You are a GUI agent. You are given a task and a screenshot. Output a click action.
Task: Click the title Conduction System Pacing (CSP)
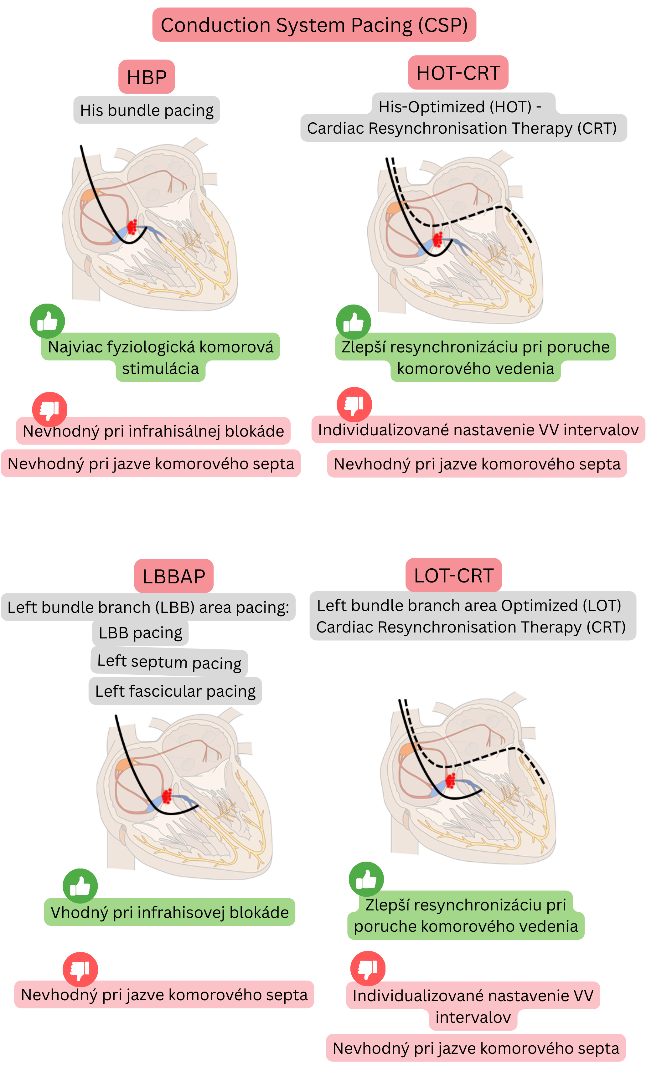coord(314,25)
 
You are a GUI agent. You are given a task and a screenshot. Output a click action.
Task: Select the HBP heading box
coord(147,77)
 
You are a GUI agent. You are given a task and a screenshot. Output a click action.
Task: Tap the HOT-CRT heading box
coord(458,73)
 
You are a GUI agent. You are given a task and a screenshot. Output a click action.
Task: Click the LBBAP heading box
coord(174,576)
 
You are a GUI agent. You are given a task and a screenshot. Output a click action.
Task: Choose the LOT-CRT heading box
coord(454,575)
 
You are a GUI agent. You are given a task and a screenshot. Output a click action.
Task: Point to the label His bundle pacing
coord(147,110)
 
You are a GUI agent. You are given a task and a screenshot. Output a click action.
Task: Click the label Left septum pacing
coord(169,662)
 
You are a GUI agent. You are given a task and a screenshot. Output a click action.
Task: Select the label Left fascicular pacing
coord(175,691)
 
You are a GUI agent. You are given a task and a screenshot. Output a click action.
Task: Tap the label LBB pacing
coord(140,633)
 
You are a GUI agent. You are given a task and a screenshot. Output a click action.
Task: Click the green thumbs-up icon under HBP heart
coord(48,321)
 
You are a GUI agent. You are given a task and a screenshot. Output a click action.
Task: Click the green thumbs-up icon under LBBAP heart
coord(80,886)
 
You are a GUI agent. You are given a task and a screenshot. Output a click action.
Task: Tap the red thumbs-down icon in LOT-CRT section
coord(368,968)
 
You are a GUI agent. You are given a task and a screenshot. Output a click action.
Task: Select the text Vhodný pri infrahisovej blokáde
coord(170,912)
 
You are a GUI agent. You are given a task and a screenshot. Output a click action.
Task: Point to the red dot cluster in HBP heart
coord(132,227)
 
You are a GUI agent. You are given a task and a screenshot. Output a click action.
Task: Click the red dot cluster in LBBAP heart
coord(167,796)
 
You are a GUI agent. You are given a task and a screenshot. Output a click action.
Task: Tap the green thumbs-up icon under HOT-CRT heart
coord(354,322)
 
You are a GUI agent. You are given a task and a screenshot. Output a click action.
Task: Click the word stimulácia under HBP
coord(161,369)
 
